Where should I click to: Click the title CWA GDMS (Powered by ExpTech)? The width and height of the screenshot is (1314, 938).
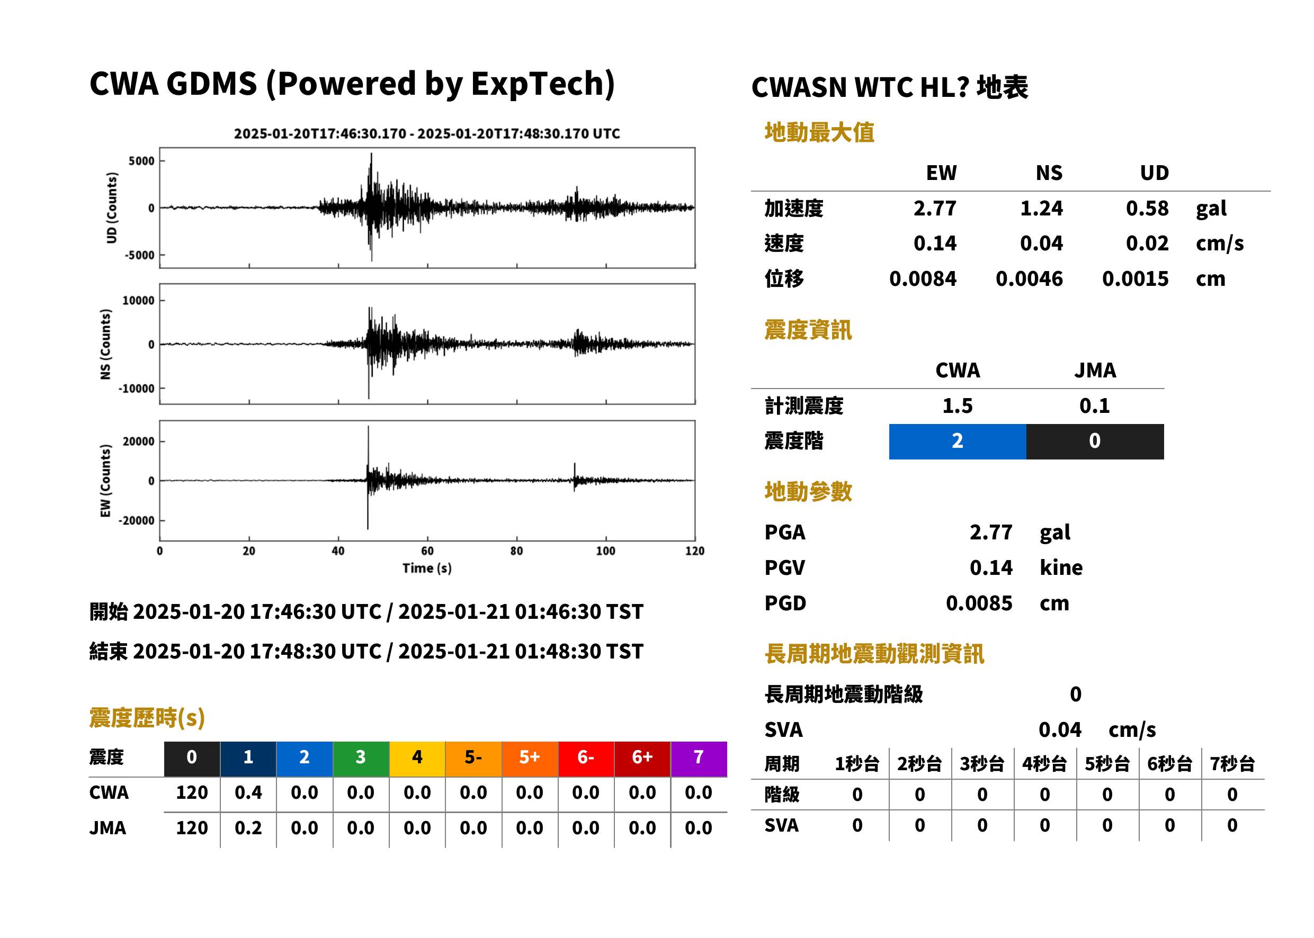(x=352, y=84)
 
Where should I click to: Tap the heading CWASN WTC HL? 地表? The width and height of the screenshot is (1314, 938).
(x=889, y=88)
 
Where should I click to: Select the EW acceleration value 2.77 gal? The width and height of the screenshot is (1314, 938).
(x=934, y=208)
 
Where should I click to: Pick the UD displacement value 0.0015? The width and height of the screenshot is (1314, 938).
(x=1135, y=278)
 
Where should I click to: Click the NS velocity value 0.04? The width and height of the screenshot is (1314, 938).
(x=1041, y=243)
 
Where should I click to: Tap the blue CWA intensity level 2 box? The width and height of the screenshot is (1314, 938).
(x=958, y=441)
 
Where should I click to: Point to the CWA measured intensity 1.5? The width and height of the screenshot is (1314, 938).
(x=958, y=405)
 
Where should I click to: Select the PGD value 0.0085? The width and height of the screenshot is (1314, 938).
(x=979, y=603)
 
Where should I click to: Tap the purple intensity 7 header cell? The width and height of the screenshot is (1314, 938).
(x=699, y=757)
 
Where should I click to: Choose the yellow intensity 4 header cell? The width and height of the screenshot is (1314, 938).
(x=417, y=757)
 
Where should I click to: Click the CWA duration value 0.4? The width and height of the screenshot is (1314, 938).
(x=248, y=792)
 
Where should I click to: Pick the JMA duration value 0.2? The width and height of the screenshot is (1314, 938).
(x=248, y=828)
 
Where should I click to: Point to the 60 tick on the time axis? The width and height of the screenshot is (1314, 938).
(x=427, y=551)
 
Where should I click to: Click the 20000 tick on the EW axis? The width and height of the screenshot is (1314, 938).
(x=138, y=441)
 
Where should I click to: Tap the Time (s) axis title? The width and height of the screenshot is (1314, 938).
(x=427, y=569)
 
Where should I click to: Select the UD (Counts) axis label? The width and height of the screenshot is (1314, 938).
(x=112, y=208)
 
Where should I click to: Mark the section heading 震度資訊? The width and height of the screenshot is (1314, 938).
(x=808, y=330)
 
